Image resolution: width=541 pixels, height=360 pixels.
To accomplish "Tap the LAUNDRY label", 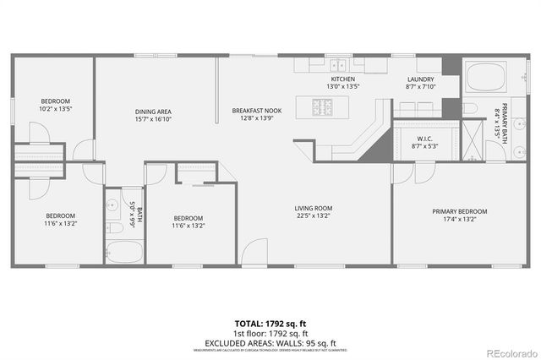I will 420,78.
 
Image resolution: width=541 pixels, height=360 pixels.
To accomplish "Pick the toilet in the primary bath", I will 471,109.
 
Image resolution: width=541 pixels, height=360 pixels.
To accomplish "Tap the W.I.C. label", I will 424,139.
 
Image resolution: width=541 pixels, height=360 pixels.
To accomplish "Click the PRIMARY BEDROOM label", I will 460,211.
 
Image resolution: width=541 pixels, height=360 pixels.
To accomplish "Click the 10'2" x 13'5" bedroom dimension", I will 55,109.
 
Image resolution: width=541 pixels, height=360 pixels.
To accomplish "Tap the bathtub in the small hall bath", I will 125,253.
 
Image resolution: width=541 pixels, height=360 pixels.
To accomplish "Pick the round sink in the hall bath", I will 112,205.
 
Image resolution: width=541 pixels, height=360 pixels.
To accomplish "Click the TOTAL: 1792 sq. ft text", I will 270,323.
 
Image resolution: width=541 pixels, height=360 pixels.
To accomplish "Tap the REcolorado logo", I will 510,352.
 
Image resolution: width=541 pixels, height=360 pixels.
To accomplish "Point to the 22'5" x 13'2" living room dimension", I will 313,216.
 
